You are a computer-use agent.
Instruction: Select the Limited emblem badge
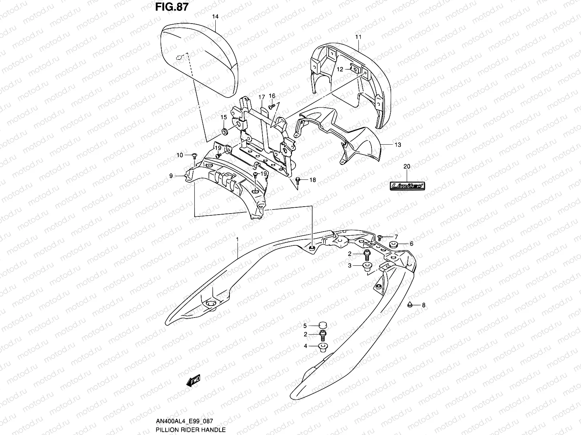[407, 186]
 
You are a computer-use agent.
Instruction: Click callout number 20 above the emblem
[407, 166]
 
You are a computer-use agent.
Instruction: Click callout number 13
[398, 145]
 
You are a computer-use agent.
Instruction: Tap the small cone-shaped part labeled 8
[410, 305]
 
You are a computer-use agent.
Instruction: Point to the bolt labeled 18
[298, 179]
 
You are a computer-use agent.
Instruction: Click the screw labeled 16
[272, 107]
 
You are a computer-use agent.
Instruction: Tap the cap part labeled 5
[322, 325]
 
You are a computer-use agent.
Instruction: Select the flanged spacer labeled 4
[322, 347]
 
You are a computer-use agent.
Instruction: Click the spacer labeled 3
[367, 266]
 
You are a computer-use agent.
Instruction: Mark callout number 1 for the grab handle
[237, 240]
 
